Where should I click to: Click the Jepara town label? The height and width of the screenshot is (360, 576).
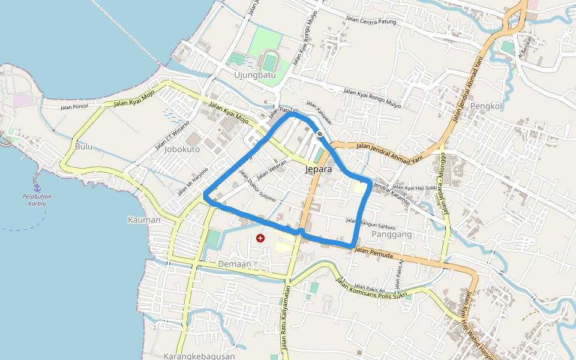(x=318, y=170)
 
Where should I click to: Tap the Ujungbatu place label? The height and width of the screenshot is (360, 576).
(x=254, y=76)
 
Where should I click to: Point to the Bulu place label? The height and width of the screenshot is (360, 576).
(x=84, y=146)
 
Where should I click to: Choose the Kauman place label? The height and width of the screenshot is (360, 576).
(x=144, y=220)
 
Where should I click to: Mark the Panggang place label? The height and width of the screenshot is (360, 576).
(x=392, y=234)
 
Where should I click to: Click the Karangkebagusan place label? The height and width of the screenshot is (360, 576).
(x=199, y=356)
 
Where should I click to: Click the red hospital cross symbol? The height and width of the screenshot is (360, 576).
(x=260, y=238)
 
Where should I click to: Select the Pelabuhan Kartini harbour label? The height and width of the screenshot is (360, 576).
(x=37, y=200)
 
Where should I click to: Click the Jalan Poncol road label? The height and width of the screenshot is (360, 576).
(x=74, y=107)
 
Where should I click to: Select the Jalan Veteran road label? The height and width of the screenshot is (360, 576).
(x=272, y=172)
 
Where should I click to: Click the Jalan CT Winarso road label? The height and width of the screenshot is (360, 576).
(x=172, y=135)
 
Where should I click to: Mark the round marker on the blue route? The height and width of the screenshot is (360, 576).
(x=320, y=134)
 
